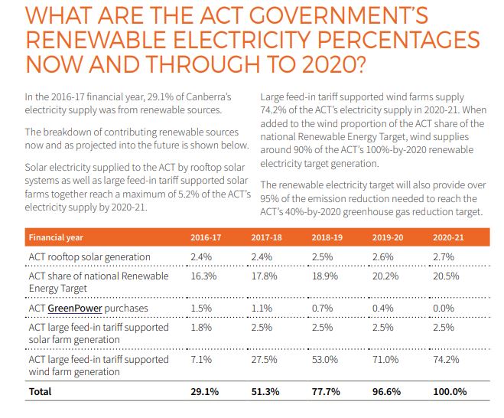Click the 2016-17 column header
(x=203, y=237)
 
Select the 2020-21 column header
(x=446, y=237)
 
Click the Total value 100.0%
(x=450, y=391)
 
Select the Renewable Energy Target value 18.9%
(x=324, y=278)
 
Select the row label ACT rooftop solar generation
(x=89, y=256)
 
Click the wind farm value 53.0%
(x=325, y=359)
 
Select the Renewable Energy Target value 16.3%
(x=201, y=278)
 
